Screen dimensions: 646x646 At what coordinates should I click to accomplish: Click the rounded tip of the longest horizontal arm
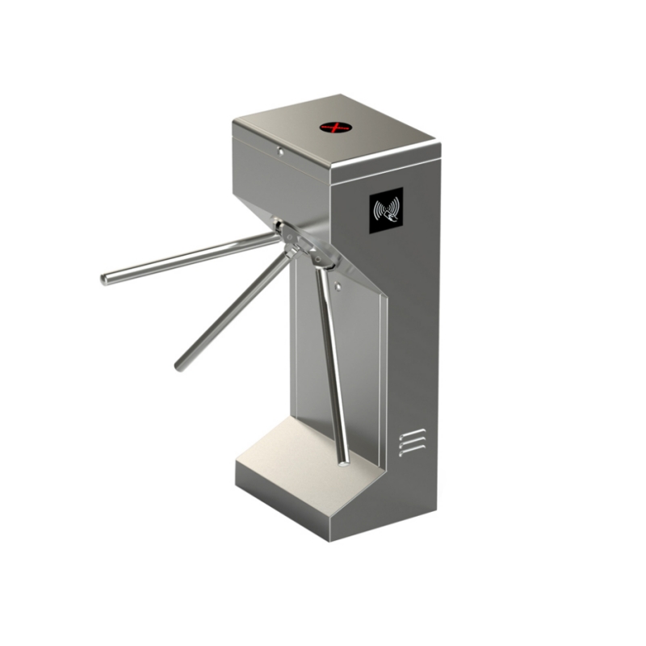point(105,279)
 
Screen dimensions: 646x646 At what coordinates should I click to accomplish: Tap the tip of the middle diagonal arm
point(179,367)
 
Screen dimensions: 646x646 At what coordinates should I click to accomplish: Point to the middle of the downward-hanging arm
point(333,363)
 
